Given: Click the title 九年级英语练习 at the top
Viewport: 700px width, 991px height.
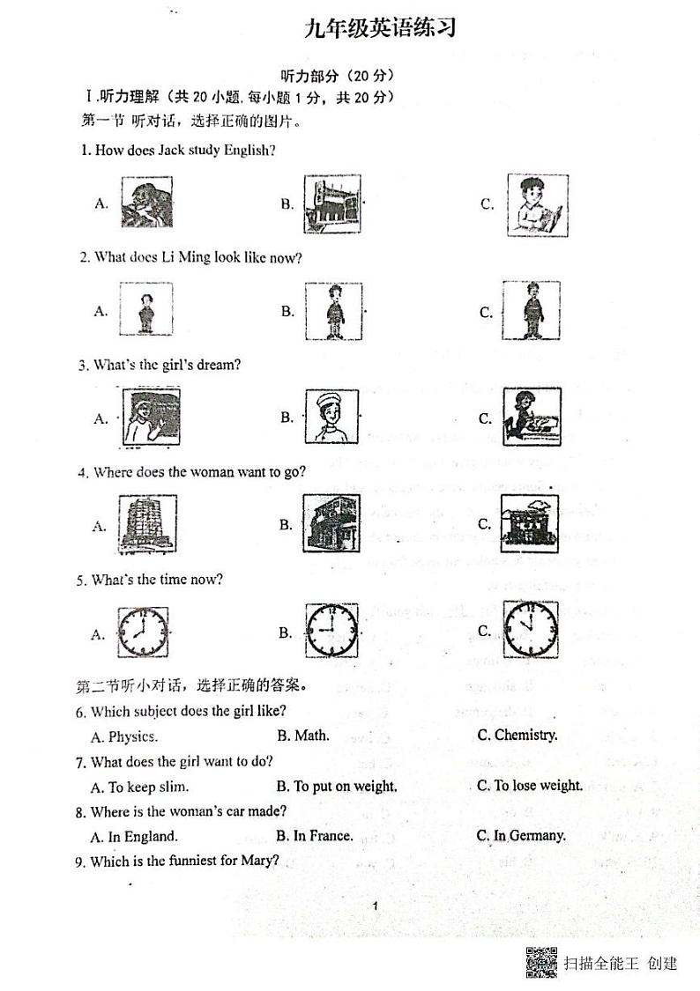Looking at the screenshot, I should coord(380,30).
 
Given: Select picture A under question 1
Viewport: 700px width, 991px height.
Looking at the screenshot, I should coord(146,203).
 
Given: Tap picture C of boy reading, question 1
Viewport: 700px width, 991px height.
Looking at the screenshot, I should coord(534,204).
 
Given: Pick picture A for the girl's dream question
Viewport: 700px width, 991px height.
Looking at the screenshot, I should coord(147,418).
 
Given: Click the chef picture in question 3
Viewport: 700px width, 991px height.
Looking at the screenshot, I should coord(332,418).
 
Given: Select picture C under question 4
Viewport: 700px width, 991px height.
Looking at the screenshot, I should coord(530,524).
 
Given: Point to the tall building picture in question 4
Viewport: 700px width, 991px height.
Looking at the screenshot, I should coord(146,525).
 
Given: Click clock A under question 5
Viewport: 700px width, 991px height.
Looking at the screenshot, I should coord(142,633).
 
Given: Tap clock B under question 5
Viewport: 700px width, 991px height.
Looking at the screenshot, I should coord(332,632).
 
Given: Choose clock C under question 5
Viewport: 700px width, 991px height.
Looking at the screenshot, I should coord(530,630).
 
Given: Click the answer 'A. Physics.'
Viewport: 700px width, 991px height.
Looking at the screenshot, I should coord(124,736).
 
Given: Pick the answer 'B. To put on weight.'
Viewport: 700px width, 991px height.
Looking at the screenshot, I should coord(337,786).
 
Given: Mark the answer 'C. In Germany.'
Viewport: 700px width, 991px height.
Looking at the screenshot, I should coord(521,835).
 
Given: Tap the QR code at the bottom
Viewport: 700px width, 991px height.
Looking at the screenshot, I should coord(541,962).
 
